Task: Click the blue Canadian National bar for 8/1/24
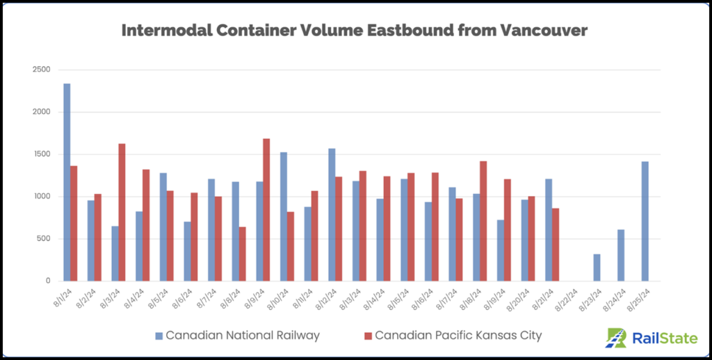tap(67, 182)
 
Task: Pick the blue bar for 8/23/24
tap(597, 268)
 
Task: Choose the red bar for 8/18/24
tap(483, 221)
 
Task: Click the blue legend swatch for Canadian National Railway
tap(159, 336)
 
